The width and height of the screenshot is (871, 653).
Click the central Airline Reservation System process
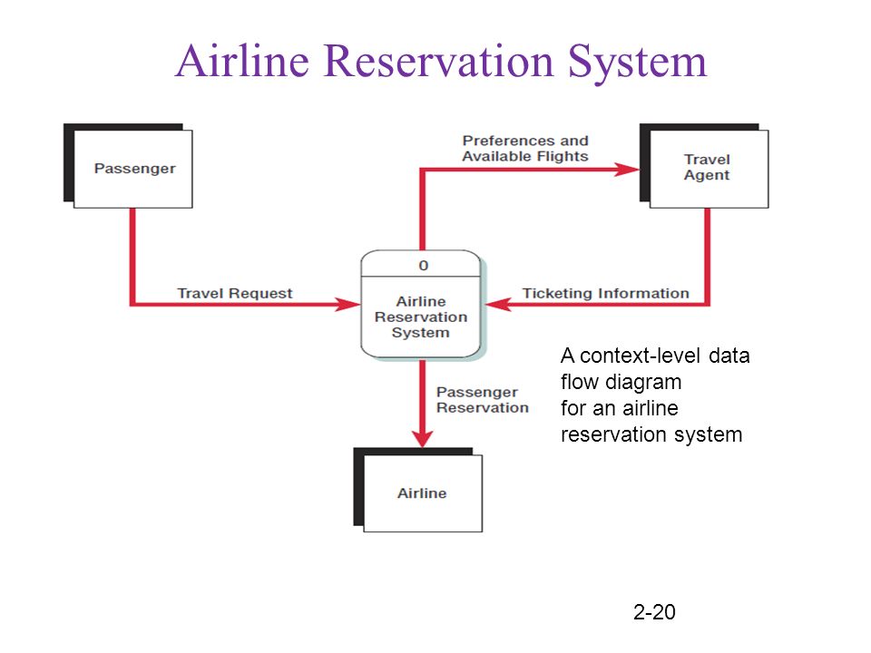[421, 305]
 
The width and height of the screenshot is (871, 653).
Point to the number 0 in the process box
[424, 266]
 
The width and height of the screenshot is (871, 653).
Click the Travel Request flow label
[234, 293]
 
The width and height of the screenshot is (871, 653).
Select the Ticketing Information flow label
[605, 293]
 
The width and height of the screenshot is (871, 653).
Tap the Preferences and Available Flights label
[525, 148]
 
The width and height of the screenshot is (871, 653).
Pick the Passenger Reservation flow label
[482, 400]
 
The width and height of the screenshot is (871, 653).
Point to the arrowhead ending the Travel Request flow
[347, 305]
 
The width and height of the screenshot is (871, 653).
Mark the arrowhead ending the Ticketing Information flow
[498, 305]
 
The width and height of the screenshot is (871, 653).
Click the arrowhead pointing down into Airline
[423, 436]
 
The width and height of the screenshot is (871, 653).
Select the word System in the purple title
[637, 63]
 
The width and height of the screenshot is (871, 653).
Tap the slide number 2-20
[654, 612]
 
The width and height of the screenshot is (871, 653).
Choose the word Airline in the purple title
[243, 61]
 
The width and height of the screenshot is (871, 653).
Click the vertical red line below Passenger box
[132, 255]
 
